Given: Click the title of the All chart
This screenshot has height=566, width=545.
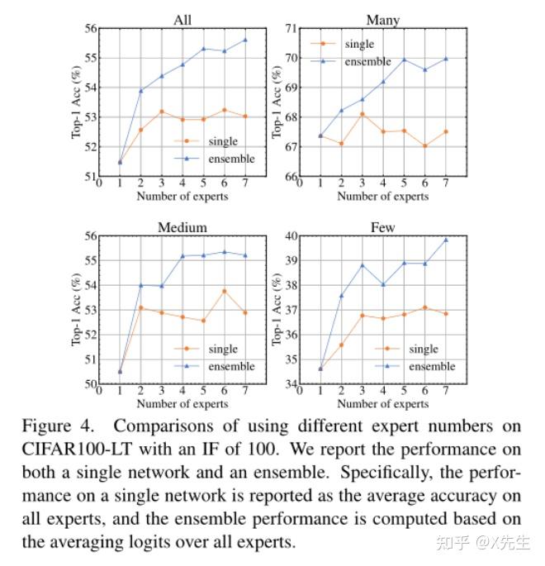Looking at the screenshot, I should [x=182, y=20].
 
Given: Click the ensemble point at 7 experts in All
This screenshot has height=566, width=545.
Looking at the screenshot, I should [x=244, y=40].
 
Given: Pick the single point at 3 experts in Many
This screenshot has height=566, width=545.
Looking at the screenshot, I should [x=362, y=114].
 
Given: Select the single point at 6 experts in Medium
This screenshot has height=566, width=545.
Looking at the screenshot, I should [x=224, y=291].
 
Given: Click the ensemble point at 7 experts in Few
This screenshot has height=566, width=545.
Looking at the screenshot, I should [x=445, y=240].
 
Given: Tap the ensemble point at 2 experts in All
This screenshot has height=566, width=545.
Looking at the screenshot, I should [x=140, y=90].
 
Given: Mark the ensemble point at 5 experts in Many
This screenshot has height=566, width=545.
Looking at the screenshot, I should [x=404, y=59].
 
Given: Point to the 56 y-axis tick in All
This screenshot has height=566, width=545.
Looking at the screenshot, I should [x=88, y=28].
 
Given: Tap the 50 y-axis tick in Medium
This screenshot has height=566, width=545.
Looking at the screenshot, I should [x=88, y=384].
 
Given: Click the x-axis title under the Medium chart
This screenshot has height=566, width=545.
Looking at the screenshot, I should [x=182, y=404].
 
